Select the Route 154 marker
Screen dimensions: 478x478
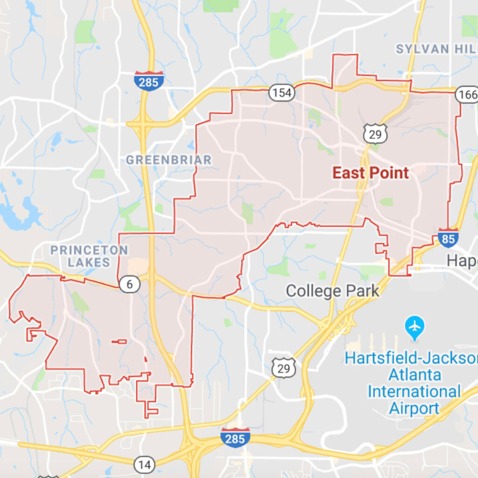(x=282, y=93)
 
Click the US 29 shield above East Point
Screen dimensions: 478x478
(x=376, y=134)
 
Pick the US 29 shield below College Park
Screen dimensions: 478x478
(x=284, y=368)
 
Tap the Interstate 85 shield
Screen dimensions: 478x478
(x=448, y=239)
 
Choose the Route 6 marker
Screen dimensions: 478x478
(x=130, y=284)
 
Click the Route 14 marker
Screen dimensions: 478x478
(x=145, y=464)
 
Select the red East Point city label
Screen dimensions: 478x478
(x=370, y=173)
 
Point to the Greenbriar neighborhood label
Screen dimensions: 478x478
(x=169, y=160)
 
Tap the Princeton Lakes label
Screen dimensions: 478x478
(x=89, y=256)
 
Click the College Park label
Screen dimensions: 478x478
(x=332, y=291)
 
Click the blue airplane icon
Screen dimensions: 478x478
(x=415, y=325)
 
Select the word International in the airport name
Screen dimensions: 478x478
(x=414, y=391)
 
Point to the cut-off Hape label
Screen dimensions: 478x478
(x=462, y=261)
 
